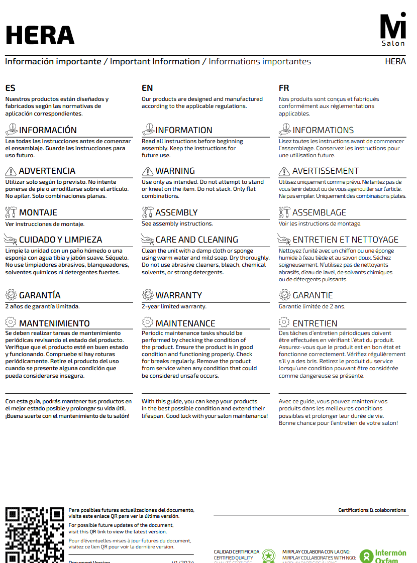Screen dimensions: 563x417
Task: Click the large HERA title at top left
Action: tap(40, 35)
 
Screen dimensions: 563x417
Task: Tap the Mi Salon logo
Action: tap(392, 30)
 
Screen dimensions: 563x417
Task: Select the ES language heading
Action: tap(10, 88)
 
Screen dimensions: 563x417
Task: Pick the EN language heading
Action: tap(147, 88)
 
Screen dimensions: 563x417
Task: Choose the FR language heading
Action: tap(284, 88)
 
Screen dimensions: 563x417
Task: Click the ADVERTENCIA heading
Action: tap(47, 171)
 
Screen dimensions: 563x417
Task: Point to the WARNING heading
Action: tap(175, 171)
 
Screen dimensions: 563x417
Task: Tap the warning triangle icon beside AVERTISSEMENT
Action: tap(284, 171)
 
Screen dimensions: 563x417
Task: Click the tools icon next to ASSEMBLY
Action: tap(148, 212)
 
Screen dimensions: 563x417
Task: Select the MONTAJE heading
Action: tap(38, 212)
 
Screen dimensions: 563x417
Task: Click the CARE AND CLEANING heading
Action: tap(196, 240)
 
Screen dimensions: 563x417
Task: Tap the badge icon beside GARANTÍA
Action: tap(11, 295)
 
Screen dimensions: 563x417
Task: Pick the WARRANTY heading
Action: tap(178, 295)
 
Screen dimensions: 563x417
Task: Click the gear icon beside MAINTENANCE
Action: tap(148, 322)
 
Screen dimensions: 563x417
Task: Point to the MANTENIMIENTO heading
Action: tap(54, 323)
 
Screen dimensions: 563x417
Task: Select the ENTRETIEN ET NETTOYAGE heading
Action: tap(345, 240)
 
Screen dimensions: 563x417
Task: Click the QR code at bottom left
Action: tap(34, 534)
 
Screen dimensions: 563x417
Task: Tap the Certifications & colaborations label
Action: tap(372, 510)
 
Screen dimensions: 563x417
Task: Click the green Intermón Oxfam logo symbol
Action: tap(366, 555)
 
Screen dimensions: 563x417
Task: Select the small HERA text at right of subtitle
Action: tap(395, 62)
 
